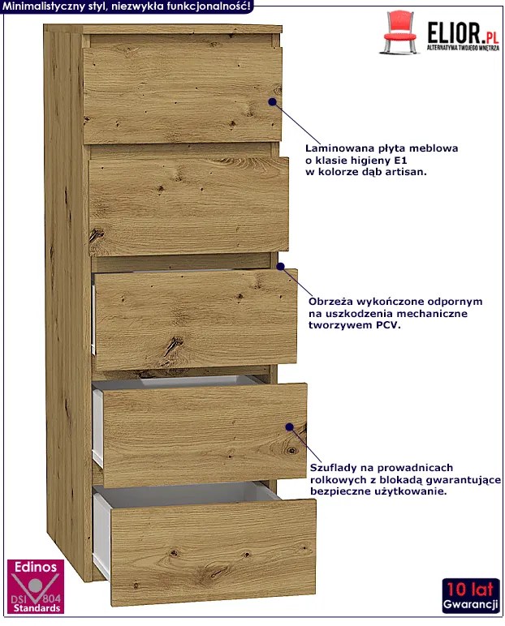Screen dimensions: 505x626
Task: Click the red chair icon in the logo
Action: (x=399, y=32)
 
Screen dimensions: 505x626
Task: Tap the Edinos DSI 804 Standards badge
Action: (x=36, y=586)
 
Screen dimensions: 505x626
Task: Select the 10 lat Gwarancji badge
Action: (x=471, y=595)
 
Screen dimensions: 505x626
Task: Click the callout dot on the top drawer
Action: (x=272, y=102)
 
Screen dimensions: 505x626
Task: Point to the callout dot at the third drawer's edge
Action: (x=280, y=266)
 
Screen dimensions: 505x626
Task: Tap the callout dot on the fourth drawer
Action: (x=290, y=427)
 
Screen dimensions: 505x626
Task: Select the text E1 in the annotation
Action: (x=400, y=160)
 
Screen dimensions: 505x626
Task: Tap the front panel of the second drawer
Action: (x=188, y=206)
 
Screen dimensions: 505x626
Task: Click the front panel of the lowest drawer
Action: (x=213, y=552)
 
